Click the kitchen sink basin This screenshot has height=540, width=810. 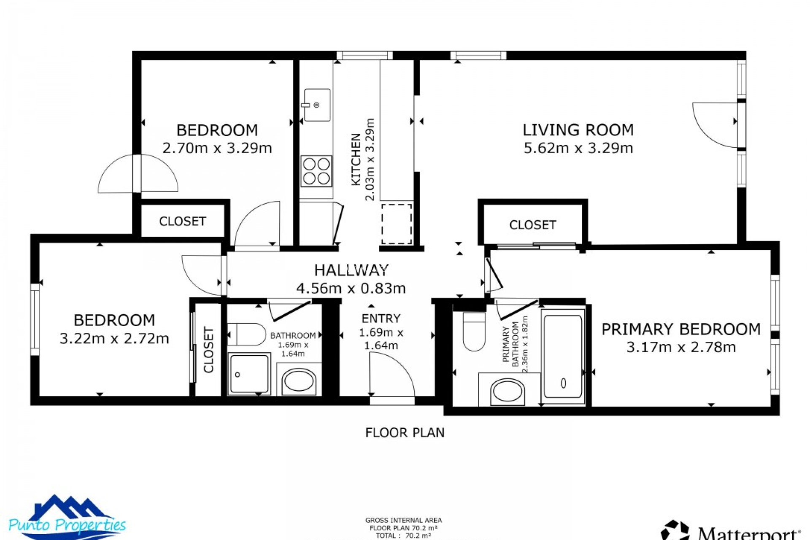click(x=317, y=105)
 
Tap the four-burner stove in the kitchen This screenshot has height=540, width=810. click(x=316, y=171)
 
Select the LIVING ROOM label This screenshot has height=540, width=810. click(x=578, y=130)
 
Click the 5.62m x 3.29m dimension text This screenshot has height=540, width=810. click(x=578, y=148)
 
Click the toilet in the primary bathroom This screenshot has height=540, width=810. click(x=474, y=332)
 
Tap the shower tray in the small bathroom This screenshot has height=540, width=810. click(x=249, y=373)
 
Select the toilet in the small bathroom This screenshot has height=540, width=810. click(x=247, y=335)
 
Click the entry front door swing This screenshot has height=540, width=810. click(x=390, y=373)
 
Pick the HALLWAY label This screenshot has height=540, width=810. click(x=351, y=270)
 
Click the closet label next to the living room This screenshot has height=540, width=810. click(x=532, y=225)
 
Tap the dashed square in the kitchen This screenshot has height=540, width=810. click(x=397, y=224)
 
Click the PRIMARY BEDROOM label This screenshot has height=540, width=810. click(x=680, y=329)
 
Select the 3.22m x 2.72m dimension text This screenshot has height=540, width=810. click(x=114, y=338)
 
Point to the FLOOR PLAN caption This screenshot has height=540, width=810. click(x=405, y=432)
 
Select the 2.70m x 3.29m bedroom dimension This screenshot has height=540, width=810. click(x=217, y=148)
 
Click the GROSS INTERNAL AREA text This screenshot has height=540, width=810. click(x=403, y=521)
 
